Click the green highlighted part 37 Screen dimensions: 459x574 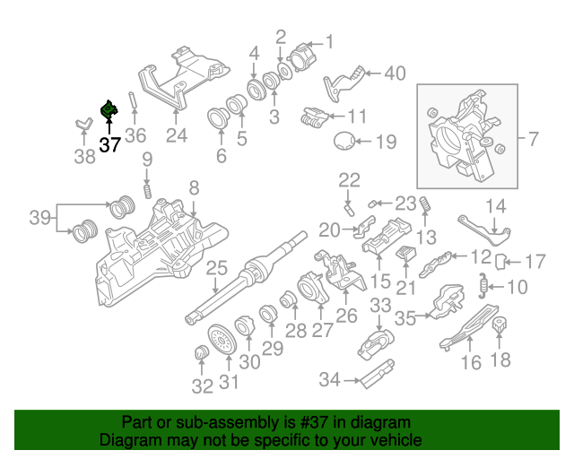109,111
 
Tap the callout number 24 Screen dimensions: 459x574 176,137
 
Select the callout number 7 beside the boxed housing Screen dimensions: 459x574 533,139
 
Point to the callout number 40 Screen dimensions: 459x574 395,74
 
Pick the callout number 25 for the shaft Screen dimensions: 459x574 216,268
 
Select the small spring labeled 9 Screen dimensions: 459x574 147,191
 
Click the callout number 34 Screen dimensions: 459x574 331,380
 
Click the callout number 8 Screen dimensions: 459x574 193,187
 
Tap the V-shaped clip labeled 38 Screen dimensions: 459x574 83,125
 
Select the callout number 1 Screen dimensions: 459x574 328,40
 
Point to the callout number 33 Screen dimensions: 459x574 380,307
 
